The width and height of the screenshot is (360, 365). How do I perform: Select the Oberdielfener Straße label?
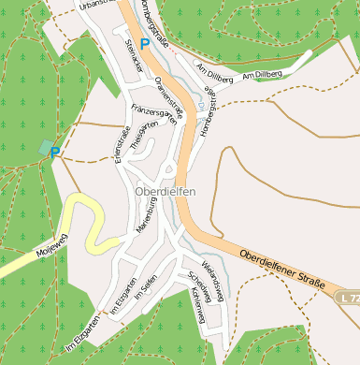click(x=281, y=269)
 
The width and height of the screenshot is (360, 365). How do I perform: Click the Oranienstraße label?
click(x=170, y=93)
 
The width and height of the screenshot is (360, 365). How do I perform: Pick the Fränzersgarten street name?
click(x=154, y=113)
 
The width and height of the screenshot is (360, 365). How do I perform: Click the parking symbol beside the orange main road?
click(x=144, y=43)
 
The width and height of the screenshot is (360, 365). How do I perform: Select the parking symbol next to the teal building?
click(x=56, y=153)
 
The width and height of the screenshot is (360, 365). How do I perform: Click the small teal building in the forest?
click(x=46, y=147)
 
